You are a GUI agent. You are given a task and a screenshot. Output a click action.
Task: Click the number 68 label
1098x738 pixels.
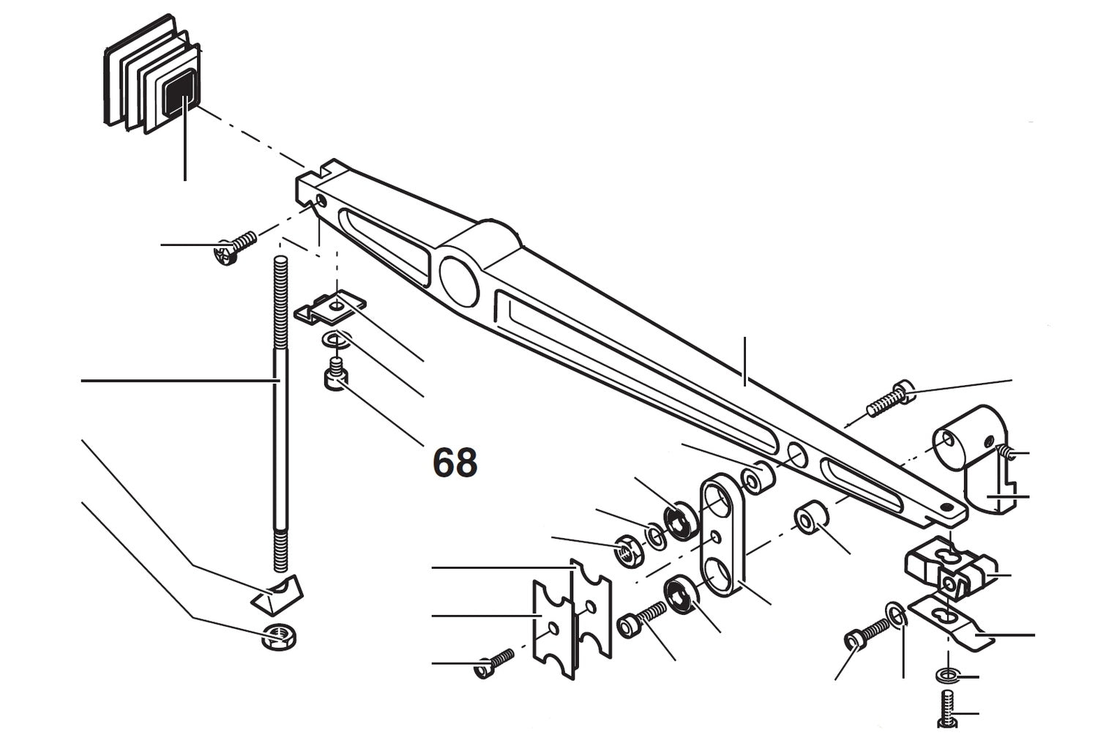(455, 462)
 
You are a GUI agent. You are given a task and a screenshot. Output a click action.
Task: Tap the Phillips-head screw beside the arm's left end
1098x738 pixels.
(233, 247)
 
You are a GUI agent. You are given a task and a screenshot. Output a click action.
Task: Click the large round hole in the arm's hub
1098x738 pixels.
(460, 279)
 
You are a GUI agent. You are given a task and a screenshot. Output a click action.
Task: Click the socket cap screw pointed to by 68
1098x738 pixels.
(335, 374)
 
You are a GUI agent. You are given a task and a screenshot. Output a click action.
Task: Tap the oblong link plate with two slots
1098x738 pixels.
(722, 534)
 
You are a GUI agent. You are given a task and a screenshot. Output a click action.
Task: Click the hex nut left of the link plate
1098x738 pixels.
(627, 550)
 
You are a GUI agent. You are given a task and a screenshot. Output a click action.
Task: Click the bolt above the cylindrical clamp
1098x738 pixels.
(889, 400)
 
